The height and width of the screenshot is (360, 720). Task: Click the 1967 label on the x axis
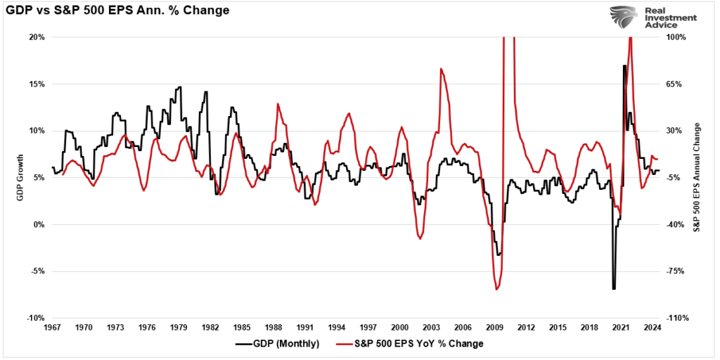click(x=52, y=328)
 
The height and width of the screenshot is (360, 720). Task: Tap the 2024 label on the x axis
click(x=652, y=328)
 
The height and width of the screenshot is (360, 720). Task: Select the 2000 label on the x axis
click(x=399, y=328)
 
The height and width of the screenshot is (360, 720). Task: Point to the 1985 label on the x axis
click(x=241, y=328)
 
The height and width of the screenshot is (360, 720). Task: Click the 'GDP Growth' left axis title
click(x=20, y=177)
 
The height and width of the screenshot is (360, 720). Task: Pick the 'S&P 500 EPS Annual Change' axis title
click(x=697, y=177)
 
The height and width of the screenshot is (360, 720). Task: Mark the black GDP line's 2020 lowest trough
click(x=614, y=288)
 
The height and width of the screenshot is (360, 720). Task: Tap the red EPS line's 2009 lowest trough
click(x=496, y=289)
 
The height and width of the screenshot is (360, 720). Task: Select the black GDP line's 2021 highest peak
click(x=624, y=65)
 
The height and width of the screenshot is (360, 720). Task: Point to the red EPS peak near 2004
click(x=441, y=69)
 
